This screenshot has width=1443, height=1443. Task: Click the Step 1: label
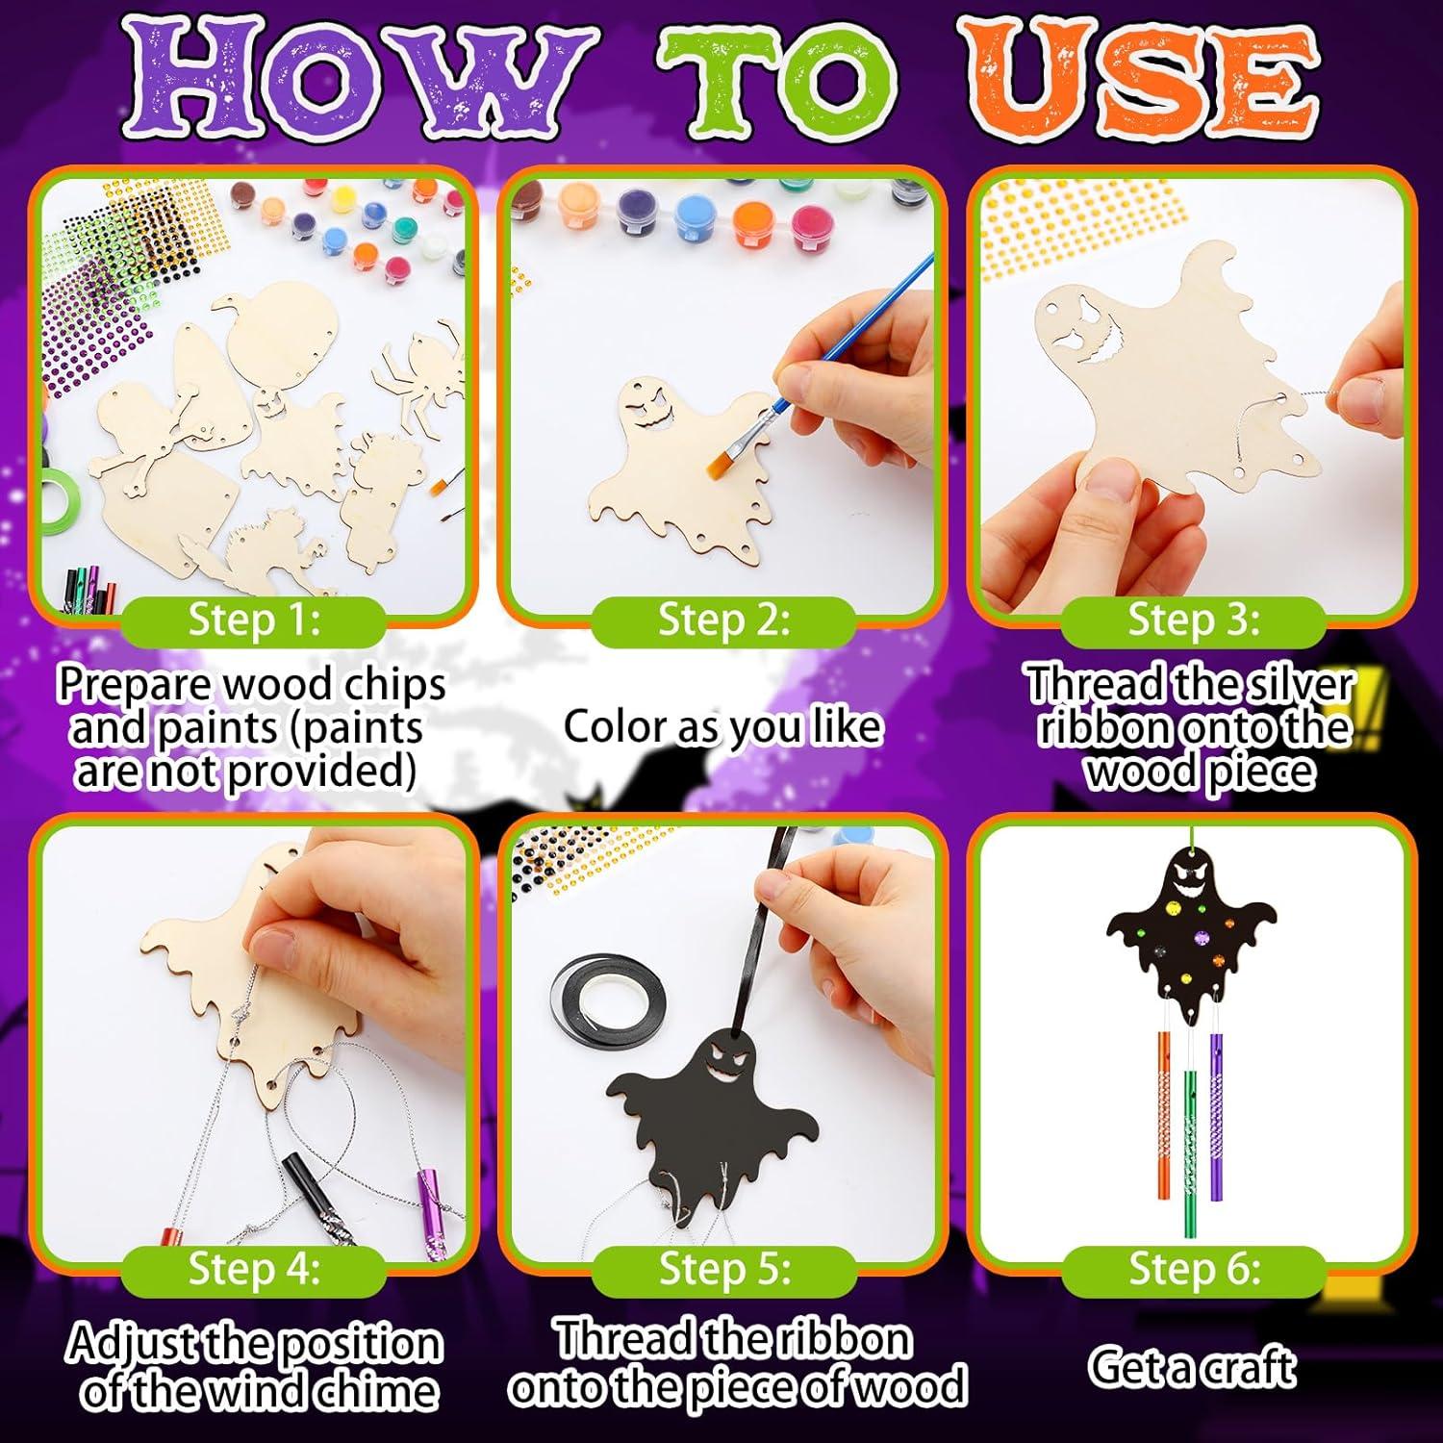(x=254, y=620)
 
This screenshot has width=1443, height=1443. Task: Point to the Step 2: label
(x=723, y=620)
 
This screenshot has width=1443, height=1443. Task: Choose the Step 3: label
(x=1193, y=620)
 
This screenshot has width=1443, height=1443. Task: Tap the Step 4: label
(x=254, y=1270)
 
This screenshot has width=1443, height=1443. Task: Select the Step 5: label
(x=723, y=1270)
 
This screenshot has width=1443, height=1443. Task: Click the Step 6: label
(x=1194, y=1270)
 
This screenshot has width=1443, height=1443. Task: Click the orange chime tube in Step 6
(x=1161, y=1077)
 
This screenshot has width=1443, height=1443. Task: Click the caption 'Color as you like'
(x=721, y=726)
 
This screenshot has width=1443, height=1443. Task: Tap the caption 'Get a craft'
(x=1192, y=1366)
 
